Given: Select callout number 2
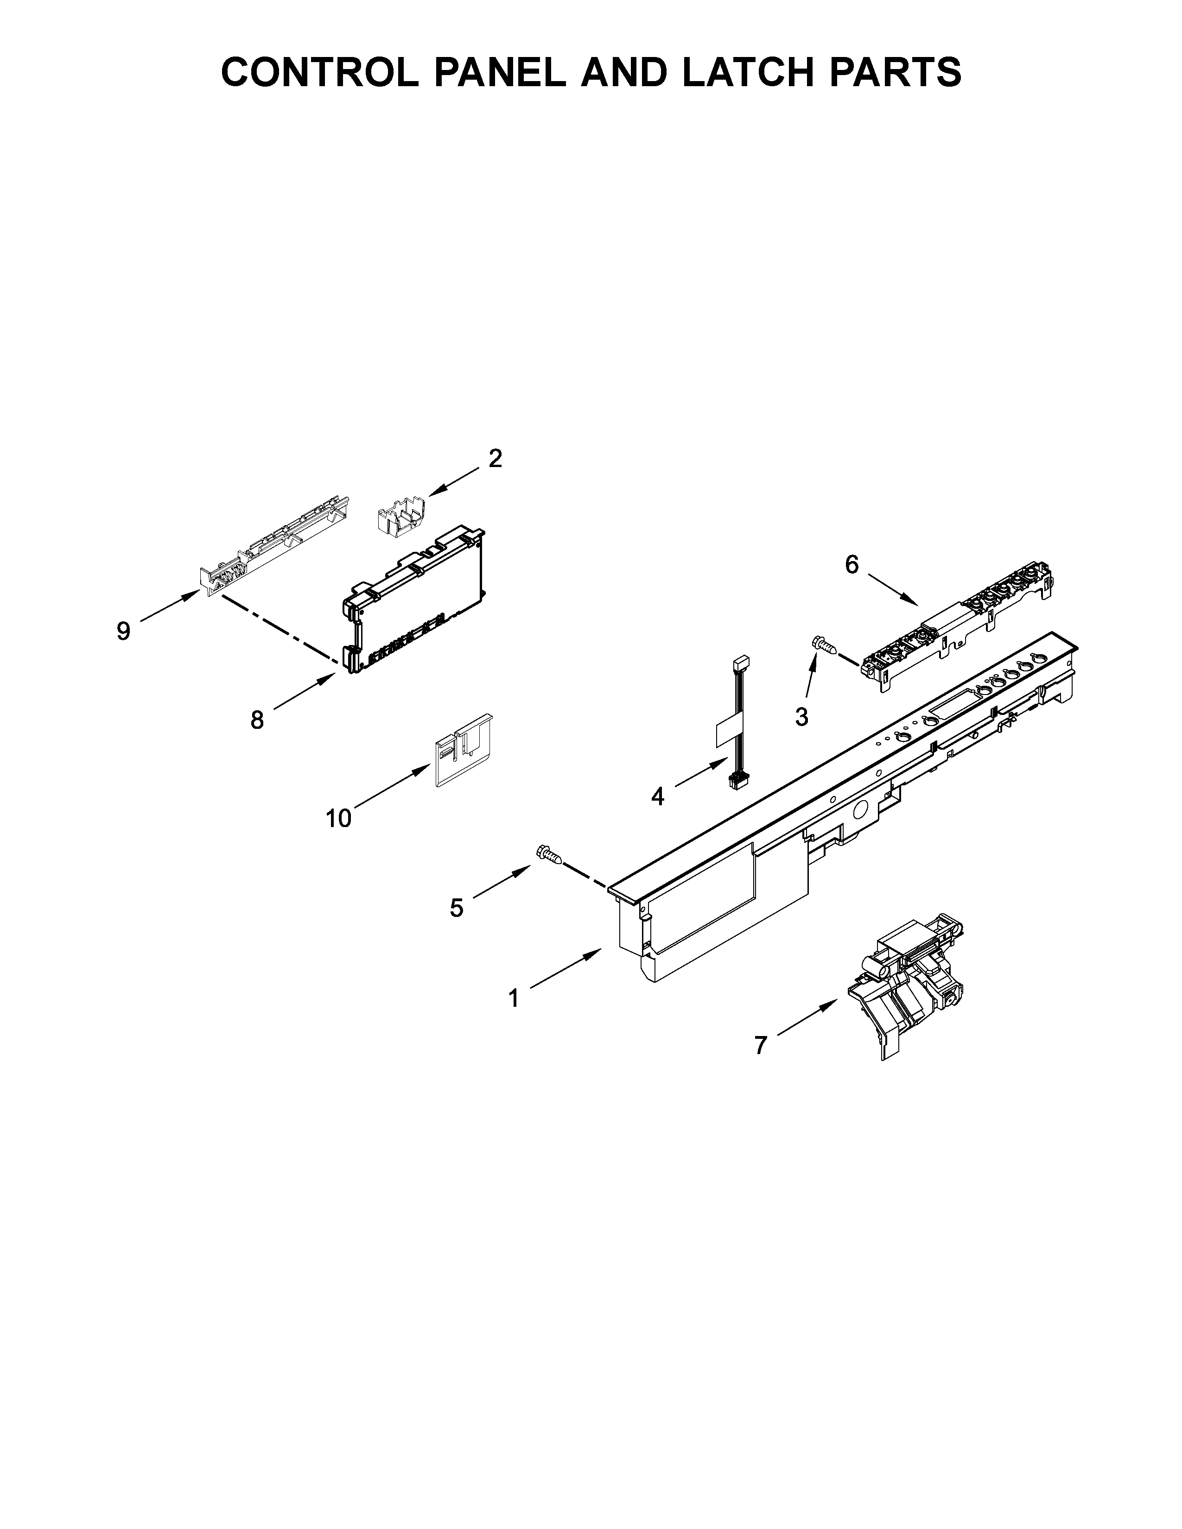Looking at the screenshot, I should pyautogui.click(x=495, y=459).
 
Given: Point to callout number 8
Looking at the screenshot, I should pyautogui.click(x=257, y=720).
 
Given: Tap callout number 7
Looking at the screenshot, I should pyautogui.click(x=761, y=1065).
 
